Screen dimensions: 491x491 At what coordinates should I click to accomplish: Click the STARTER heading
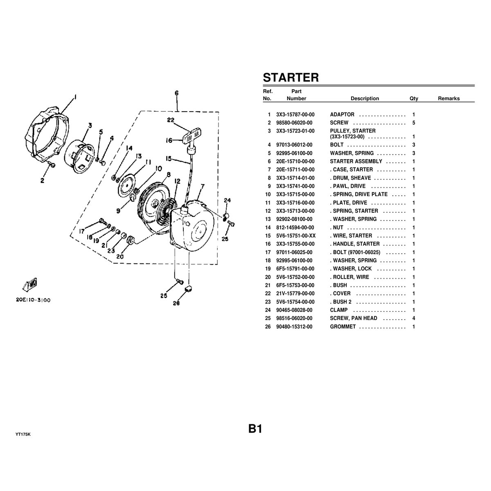point(291,77)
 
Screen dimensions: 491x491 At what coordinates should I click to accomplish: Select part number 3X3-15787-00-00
point(295,115)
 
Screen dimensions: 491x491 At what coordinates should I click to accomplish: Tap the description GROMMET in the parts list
point(342,327)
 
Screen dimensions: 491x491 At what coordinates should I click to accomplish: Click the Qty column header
point(414,99)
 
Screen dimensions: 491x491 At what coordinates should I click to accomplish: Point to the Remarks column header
point(448,99)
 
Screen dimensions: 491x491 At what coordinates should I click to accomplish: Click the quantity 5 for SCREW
point(414,123)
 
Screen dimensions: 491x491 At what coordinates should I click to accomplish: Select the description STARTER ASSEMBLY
point(356,161)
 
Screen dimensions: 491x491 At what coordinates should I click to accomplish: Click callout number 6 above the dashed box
point(176,93)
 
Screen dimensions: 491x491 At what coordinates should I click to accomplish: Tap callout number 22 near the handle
point(171,120)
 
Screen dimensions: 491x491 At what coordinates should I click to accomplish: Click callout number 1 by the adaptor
point(76,97)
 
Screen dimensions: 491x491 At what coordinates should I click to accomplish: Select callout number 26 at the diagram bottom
point(176,303)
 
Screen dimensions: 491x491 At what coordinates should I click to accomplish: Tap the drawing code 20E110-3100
point(34,300)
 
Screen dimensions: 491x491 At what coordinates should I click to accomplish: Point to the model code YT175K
point(23,434)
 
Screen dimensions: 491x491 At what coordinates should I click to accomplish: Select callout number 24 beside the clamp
point(227,200)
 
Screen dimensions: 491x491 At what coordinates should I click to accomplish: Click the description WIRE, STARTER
point(352,236)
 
